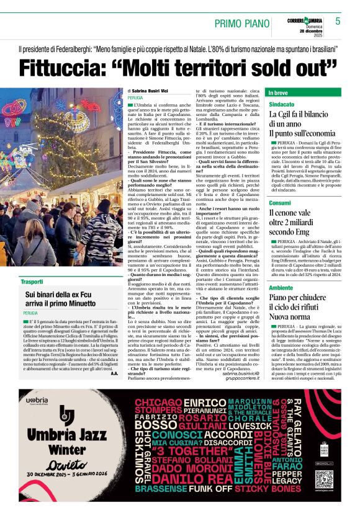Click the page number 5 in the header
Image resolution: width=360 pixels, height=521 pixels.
338,20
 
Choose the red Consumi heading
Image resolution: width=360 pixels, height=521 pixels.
280,203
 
